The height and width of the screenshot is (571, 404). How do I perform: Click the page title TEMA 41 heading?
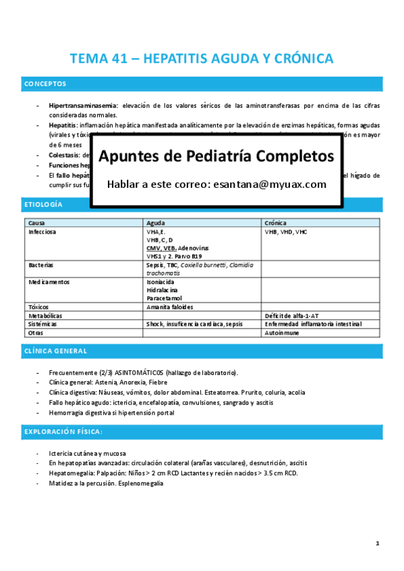[x=202, y=59]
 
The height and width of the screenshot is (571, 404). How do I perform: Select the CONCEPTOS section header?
[x=45, y=84]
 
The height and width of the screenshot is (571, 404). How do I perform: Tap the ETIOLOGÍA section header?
[x=43, y=204]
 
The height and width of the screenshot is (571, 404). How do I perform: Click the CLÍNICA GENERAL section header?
[x=55, y=351]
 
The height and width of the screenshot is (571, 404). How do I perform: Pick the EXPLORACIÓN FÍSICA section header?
[x=63, y=431]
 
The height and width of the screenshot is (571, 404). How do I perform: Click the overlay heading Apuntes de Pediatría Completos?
[x=216, y=156]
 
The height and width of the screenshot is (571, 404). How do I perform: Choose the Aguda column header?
[x=157, y=223]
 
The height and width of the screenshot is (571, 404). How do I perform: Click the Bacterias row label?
[x=41, y=265]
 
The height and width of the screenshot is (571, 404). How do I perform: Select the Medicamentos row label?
[x=49, y=282]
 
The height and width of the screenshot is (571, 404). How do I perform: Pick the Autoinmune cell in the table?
[x=284, y=333]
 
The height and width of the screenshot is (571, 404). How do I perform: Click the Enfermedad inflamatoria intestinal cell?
[x=313, y=324]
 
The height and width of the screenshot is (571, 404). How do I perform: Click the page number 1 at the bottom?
[x=378, y=543]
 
